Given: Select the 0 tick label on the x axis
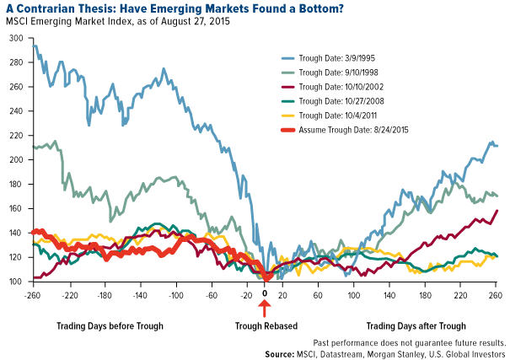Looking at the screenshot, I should (265, 295).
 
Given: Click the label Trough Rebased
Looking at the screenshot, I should (265, 325).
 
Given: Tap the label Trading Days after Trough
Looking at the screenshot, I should (416, 325).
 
